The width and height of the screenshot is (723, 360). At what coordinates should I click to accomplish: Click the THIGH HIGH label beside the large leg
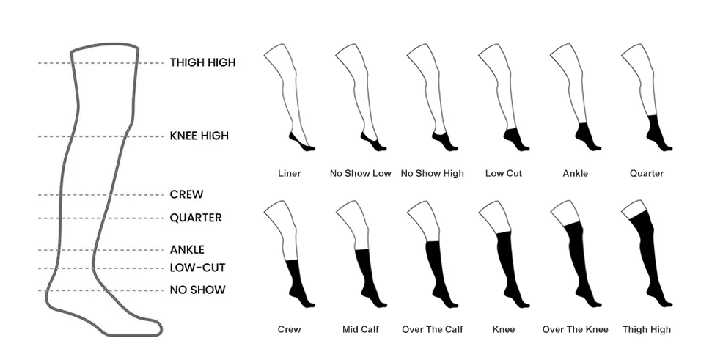click(202, 62)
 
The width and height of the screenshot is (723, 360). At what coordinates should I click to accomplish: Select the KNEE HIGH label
click(199, 136)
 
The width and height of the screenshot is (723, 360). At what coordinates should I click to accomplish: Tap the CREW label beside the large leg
click(186, 194)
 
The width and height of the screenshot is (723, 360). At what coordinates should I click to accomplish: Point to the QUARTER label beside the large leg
click(196, 218)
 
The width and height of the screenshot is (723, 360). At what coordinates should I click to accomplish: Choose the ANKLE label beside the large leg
click(187, 250)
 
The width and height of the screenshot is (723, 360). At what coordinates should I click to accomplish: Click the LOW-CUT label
click(197, 268)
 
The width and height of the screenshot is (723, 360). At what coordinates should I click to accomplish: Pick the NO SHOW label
click(197, 290)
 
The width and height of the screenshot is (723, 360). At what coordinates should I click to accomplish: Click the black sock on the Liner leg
click(301, 142)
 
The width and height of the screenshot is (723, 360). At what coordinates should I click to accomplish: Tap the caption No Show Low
click(360, 173)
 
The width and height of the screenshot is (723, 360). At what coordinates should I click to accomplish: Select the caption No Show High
click(432, 173)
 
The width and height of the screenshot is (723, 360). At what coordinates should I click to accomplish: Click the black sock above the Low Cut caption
click(514, 139)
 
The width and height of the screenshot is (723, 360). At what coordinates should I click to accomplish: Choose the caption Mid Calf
click(360, 330)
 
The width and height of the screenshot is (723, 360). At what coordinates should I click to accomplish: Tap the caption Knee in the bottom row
click(504, 330)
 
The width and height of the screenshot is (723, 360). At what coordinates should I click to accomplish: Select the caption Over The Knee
click(575, 330)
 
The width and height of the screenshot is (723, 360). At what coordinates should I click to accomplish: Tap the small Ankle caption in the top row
click(575, 173)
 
